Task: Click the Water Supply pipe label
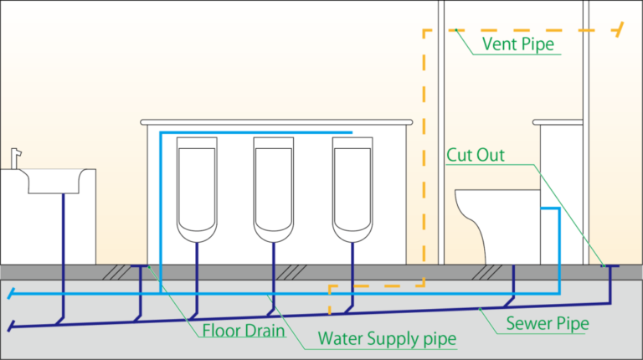(x=388, y=339)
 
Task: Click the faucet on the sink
(x=16, y=157)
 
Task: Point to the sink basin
(x=54, y=181)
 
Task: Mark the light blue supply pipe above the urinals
(x=251, y=133)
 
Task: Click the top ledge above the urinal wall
(x=276, y=122)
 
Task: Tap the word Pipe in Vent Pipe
(x=537, y=44)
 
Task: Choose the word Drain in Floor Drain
(x=265, y=330)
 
